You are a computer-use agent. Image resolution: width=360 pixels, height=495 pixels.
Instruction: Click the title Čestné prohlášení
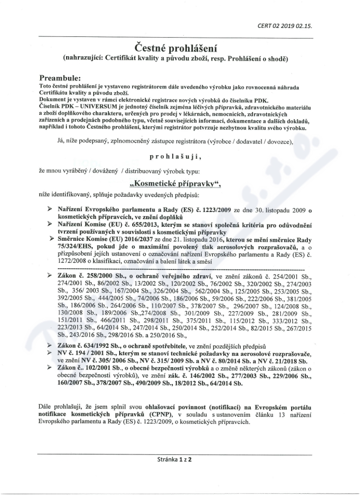pos(180,47)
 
